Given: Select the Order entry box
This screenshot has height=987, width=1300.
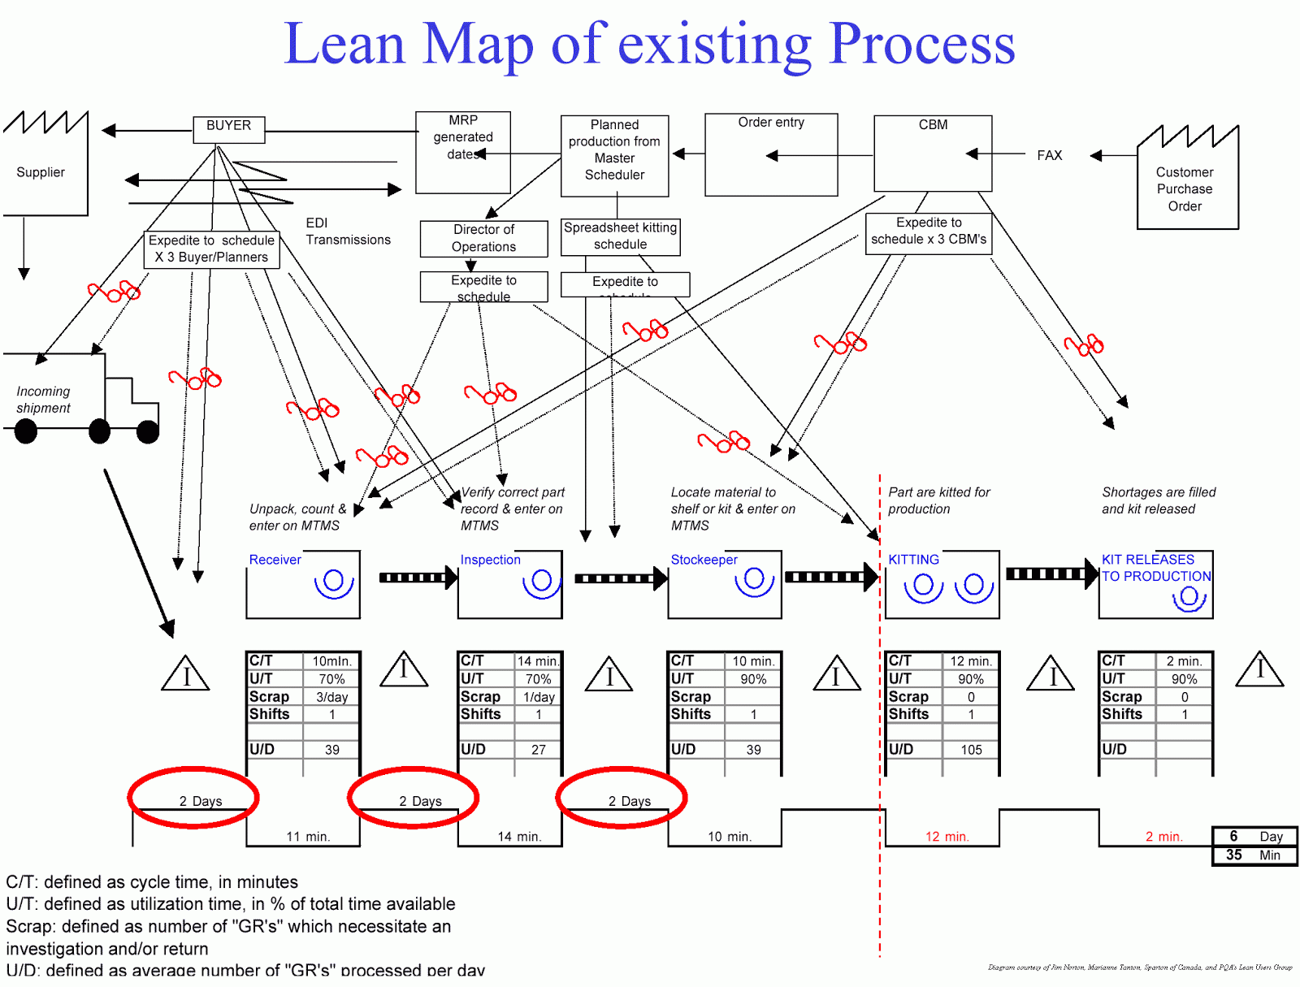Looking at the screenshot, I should pyautogui.click(x=771, y=154).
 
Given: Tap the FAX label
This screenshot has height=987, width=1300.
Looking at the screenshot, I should pyautogui.click(x=1049, y=155).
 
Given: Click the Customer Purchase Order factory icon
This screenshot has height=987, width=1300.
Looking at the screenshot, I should pyautogui.click(x=1187, y=183).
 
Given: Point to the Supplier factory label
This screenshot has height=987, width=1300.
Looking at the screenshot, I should pyautogui.click(x=41, y=172).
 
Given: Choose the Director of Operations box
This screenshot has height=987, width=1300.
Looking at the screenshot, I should pyautogui.click(x=483, y=238).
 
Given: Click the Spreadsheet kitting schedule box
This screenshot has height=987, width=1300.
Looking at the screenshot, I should pyautogui.click(x=620, y=236).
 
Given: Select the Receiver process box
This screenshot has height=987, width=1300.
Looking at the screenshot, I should pyautogui.click(x=303, y=584).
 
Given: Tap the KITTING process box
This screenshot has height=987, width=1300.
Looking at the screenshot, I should pyautogui.click(x=942, y=584).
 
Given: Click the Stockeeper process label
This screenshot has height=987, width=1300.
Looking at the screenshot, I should pyautogui.click(x=704, y=560).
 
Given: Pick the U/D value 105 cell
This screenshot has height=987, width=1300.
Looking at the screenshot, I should pyautogui.click(x=971, y=750).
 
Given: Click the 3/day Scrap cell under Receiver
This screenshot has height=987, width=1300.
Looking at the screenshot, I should pyautogui.click(x=331, y=697).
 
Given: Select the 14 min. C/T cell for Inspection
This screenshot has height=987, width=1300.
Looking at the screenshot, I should pyautogui.click(x=538, y=661).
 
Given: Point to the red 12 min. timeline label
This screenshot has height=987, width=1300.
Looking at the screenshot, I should pyautogui.click(x=947, y=837).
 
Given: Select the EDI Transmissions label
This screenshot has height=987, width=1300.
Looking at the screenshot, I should pyautogui.click(x=348, y=232).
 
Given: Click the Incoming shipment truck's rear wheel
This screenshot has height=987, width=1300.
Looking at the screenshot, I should pyautogui.click(x=26, y=431).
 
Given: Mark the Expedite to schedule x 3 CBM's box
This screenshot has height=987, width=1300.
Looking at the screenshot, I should pyautogui.click(x=928, y=232).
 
